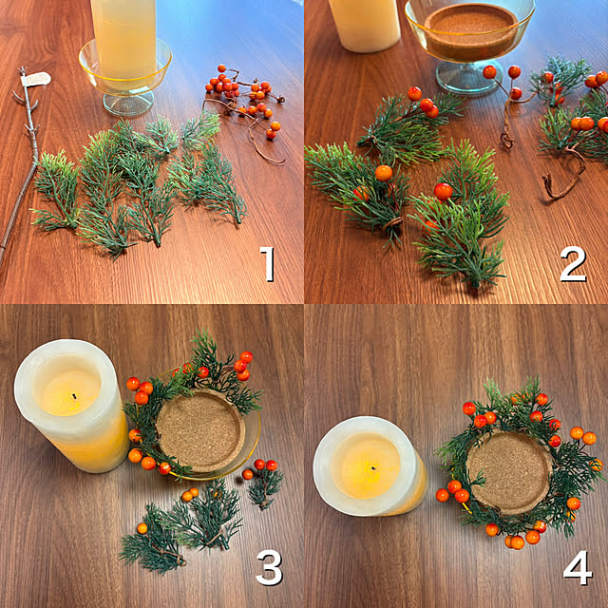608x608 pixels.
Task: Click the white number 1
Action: [268, 264]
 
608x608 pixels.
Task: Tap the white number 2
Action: [573, 264]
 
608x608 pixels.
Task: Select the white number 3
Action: [269, 568]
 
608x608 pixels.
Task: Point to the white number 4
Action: [578, 568]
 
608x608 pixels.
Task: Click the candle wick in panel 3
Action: [74, 396]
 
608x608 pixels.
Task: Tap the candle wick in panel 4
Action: [373, 468]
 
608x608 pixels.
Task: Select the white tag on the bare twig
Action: [36, 80]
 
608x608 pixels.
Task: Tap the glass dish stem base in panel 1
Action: [129, 104]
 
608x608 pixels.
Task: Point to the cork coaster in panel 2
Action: [471, 29]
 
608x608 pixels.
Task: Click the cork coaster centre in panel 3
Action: [200, 430]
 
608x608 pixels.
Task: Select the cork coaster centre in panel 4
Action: [509, 471]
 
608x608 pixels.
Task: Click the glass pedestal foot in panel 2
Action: [469, 78]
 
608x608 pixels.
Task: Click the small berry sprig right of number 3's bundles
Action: [263, 482]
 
